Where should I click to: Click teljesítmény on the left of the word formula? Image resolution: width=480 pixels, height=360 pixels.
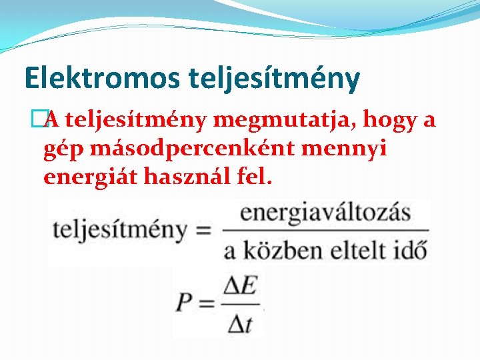[120, 231]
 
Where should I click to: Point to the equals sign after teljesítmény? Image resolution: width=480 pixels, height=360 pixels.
[203, 231]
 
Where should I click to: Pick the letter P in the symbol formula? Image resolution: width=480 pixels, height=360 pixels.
[185, 303]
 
